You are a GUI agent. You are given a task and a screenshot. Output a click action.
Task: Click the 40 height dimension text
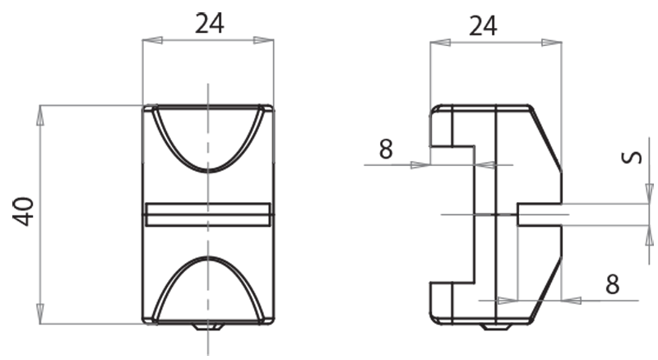(24, 212)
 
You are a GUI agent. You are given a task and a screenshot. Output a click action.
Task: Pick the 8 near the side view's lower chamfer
(611, 284)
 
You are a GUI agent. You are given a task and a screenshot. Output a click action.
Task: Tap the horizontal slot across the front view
(208, 214)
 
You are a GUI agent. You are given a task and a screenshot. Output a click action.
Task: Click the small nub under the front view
(209, 326)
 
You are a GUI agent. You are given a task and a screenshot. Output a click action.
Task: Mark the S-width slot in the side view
(539, 214)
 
